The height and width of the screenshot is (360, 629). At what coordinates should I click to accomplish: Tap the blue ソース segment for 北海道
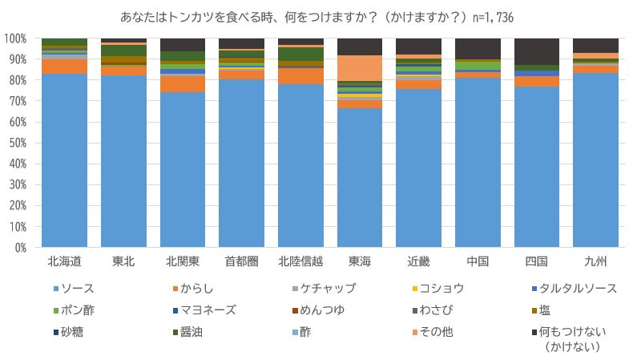(x=64, y=160)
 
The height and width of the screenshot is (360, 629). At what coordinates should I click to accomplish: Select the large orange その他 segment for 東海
(x=360, y=67)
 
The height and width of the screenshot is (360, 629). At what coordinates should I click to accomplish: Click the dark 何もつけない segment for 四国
(x=537, y=51)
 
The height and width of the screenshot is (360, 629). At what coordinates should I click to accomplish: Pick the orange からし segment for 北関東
(x=183, y=83)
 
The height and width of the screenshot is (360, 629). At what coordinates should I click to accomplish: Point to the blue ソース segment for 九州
(x=596, y=160)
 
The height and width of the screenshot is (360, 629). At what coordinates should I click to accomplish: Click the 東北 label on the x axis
(x=123, y=261)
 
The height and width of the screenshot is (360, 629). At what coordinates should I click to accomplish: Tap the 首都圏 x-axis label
(x=241, y=261)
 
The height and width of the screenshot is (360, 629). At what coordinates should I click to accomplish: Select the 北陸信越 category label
(x=300, y=261)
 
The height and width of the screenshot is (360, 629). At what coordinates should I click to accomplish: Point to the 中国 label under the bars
(x=478, y=261)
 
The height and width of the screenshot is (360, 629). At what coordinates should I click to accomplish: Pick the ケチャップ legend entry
(x=329, y=288)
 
